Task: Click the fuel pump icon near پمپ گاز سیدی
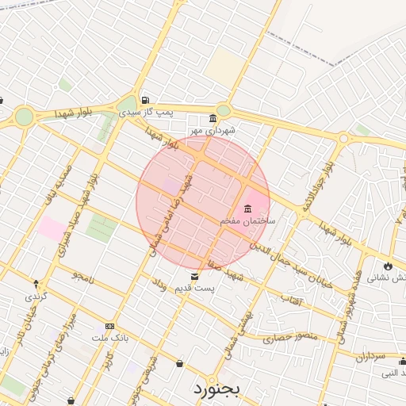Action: pos(145,100)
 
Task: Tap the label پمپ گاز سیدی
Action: pos(164,113)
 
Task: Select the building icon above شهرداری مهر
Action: pos(213,119)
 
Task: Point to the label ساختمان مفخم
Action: pos(247,220)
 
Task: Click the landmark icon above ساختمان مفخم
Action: pos(247,208)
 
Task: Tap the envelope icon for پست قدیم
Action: pos(195,277)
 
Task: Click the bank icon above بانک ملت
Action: pos(109,326)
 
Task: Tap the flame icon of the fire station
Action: pos(389,266)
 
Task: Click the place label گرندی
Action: pos(36,296)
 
